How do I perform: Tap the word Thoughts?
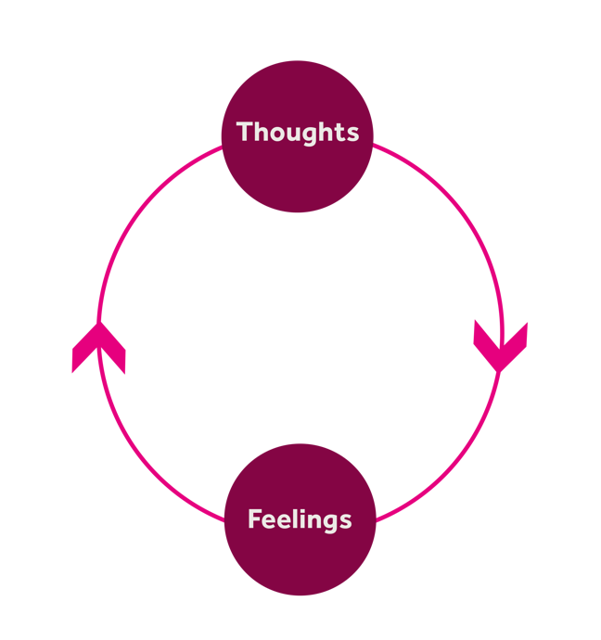click(x=298, y=132)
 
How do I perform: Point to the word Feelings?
click(x=300, y=519)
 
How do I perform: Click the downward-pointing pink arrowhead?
click(x=500, y=345)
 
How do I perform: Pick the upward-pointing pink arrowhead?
click(x=98, y=348)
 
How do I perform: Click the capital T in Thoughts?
click(x=245, y=131)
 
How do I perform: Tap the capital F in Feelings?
click(x=254, y=518)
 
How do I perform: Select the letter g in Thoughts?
click(x=308, y=134)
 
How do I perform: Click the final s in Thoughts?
click(x=352, y=133)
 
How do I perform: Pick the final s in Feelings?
click(x=345, y=520)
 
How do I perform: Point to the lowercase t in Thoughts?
click(x=339, y=132)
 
